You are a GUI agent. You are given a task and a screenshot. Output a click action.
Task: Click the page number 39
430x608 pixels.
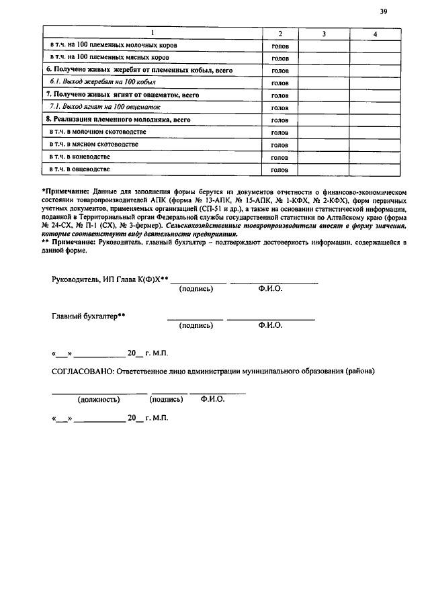click(384, 11)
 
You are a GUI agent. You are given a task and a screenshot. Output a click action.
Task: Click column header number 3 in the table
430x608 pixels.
click(324, 34)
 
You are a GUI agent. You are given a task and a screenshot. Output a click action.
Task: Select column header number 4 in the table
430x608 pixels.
click(375, 34)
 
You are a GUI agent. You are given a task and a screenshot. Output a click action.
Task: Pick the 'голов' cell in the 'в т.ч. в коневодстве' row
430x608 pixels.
click(279, 157)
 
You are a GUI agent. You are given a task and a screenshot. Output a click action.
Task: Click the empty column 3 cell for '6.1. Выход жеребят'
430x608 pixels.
click(324, 83)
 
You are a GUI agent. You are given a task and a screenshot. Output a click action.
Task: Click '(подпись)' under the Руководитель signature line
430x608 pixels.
click(196, 289)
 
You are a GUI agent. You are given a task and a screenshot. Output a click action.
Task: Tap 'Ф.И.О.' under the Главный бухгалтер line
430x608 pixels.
click(270, 325)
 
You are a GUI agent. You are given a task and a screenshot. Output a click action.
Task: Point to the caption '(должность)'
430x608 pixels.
click(99, 399)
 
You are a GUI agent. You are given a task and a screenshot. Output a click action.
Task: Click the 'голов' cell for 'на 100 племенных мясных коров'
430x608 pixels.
click(279, 58)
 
